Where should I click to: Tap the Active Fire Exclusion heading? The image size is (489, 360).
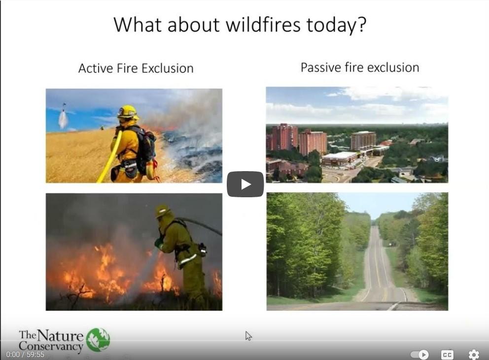coord(136,68)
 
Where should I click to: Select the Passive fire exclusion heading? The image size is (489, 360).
coord(360,68)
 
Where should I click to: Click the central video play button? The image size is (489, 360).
coord(245,184)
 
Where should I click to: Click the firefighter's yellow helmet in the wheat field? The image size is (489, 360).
coord(128,111)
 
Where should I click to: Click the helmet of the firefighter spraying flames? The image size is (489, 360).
coord(163,212)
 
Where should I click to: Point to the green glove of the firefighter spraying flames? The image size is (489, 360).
coord(159,242)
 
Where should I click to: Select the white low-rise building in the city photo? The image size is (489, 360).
coord(340,158)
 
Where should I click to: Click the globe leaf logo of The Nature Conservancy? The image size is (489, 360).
coord(98,340)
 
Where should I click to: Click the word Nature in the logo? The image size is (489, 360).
coord(60,336)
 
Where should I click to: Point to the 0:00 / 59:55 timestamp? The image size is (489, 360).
coord(25,355)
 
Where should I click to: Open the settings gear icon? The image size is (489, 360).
coord(474,355)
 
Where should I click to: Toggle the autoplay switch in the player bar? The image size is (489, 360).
coord(419,355)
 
